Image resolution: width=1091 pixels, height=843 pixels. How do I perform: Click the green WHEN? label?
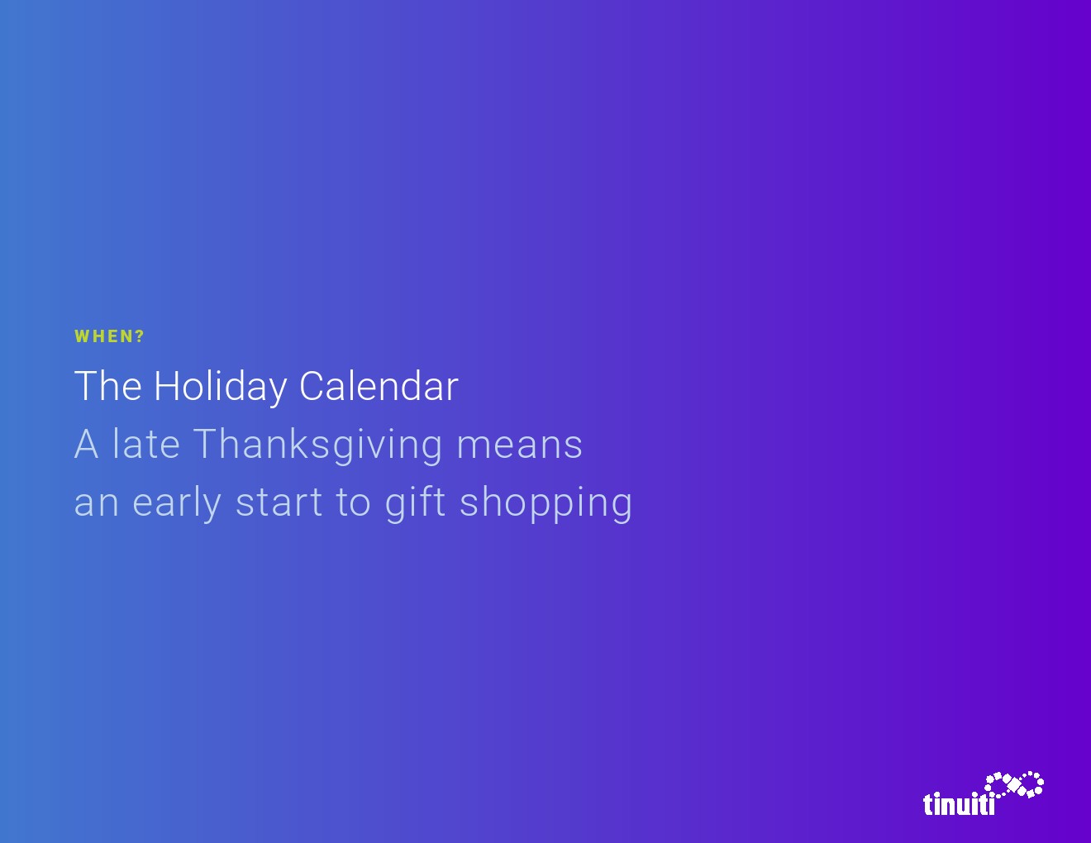point(109,336)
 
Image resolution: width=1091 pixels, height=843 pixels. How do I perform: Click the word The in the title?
point(108,386)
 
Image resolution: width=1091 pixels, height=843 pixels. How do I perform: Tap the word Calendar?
point(379,386)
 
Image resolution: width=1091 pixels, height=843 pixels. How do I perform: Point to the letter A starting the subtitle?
point(86,444)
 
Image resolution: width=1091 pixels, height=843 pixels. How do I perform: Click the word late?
point(145,443)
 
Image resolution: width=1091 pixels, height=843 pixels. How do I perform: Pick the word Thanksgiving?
point(318,445)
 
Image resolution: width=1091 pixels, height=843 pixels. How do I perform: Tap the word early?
point(177,503)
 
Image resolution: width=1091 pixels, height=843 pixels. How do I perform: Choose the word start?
point(279,503)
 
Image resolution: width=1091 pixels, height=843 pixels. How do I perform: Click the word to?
point(353,503)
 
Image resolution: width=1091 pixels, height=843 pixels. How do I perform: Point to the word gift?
point(415,503)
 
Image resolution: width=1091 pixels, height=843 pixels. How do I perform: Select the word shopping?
point(545,503)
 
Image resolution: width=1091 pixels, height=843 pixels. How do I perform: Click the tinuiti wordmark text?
point(959,803)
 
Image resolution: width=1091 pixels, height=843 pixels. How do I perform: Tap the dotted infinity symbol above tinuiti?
point(1014,784)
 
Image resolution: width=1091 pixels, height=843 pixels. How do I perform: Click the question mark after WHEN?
point(140,336)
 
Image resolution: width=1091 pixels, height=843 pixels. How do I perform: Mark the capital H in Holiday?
point(167,386)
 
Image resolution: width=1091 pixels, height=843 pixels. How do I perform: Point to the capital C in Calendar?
point(312,386)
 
